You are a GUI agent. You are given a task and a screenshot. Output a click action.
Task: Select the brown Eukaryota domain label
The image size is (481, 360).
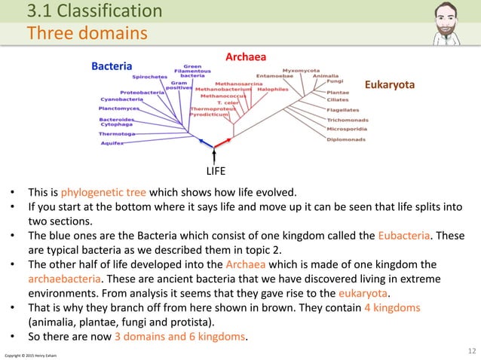click(390, 85)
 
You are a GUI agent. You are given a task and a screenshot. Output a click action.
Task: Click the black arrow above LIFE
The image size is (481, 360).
click(217, 154)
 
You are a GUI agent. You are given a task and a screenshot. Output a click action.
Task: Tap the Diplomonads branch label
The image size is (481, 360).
click(346, 139)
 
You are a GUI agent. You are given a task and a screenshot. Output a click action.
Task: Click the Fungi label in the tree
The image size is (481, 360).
click(335, 82)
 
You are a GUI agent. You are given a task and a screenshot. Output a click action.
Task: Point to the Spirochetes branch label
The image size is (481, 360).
click(150, 77)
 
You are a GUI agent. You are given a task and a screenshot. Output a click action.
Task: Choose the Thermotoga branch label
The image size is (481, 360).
click(117, 133)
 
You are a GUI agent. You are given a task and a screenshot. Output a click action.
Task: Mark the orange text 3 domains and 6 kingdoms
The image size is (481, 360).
click(180, 336)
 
